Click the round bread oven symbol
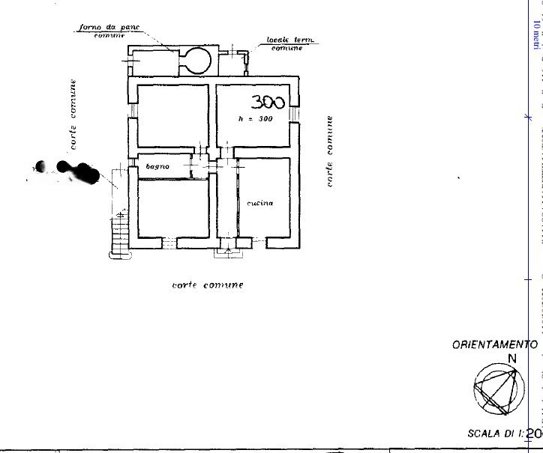pyautogui.click(x=198, y=59)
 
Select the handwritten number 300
pyautogui.click(x=268, y=103)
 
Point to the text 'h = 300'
pyautogui.click(x=255, y=119)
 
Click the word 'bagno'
pyautogui.click(x=157, y=166)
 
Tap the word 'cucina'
pyautogui.click(x=256, y=203)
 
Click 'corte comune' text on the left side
pyautogui.click(x=73, y=116)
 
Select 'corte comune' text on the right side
pyautogui.click(x=328, y=152)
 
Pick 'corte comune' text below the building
pyautogui.click(x=208, y=285)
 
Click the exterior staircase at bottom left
pyautogui.click(x=119, y=232)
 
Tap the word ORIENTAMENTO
pyautogui.click(x=495, y=345)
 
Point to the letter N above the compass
pyautogui.click(x=513, y=359)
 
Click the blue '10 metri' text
pyautogui.click(x=535, y=34)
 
